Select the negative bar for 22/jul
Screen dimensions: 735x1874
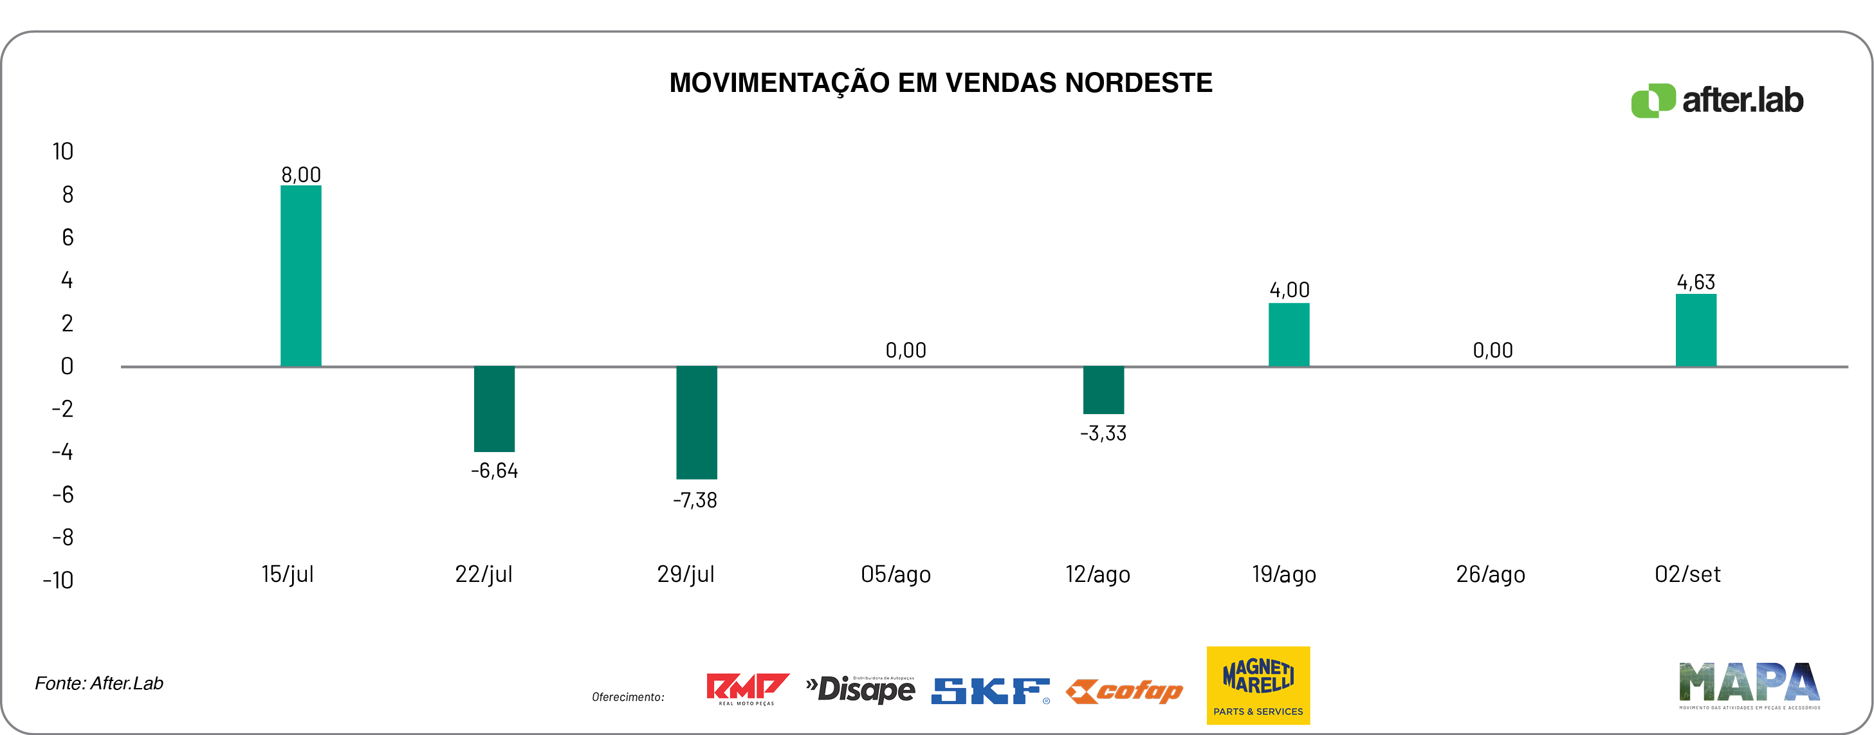point(494,408)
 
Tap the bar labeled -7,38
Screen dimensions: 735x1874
point(696,422)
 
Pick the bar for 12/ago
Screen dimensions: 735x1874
point(1103,390)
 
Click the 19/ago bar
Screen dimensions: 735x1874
point(1289,334)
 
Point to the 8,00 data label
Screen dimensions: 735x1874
point(300,174)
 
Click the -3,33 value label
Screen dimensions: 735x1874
point(1103,433)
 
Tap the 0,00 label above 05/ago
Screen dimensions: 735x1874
point(906,350)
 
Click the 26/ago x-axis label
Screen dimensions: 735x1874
point(1490,574)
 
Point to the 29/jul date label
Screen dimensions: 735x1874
point(685,574)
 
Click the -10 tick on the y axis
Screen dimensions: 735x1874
point(58,580)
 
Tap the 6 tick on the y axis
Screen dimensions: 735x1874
point(68,237)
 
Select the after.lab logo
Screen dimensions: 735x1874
point(1717,100)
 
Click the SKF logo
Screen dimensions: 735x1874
point(990,691)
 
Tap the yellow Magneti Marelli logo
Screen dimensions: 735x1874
point(1258,685)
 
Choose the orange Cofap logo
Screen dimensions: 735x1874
point(1124,691)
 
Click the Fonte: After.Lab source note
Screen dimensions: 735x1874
point(99,684)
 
